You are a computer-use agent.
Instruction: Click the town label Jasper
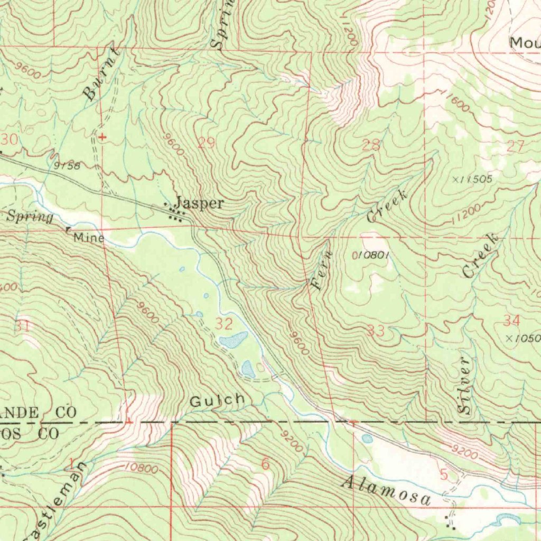pos(200,203)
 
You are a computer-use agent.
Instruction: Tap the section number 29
pos(207,142)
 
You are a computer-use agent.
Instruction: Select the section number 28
pos(371,145)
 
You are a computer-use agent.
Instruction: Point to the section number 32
pos(224,323)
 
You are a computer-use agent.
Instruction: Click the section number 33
pos(376,331)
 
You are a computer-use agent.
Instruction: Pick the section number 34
pos(511,320)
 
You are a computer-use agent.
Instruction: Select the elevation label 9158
pos(67,165)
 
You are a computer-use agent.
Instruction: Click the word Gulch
pos(217,400)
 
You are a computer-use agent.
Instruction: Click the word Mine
pos(88,238)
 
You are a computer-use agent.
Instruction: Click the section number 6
pos(265,464)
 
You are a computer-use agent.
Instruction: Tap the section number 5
pos(443,475)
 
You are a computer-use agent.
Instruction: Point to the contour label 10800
pos(141,468)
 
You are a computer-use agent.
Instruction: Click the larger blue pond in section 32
pos(233,340)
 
